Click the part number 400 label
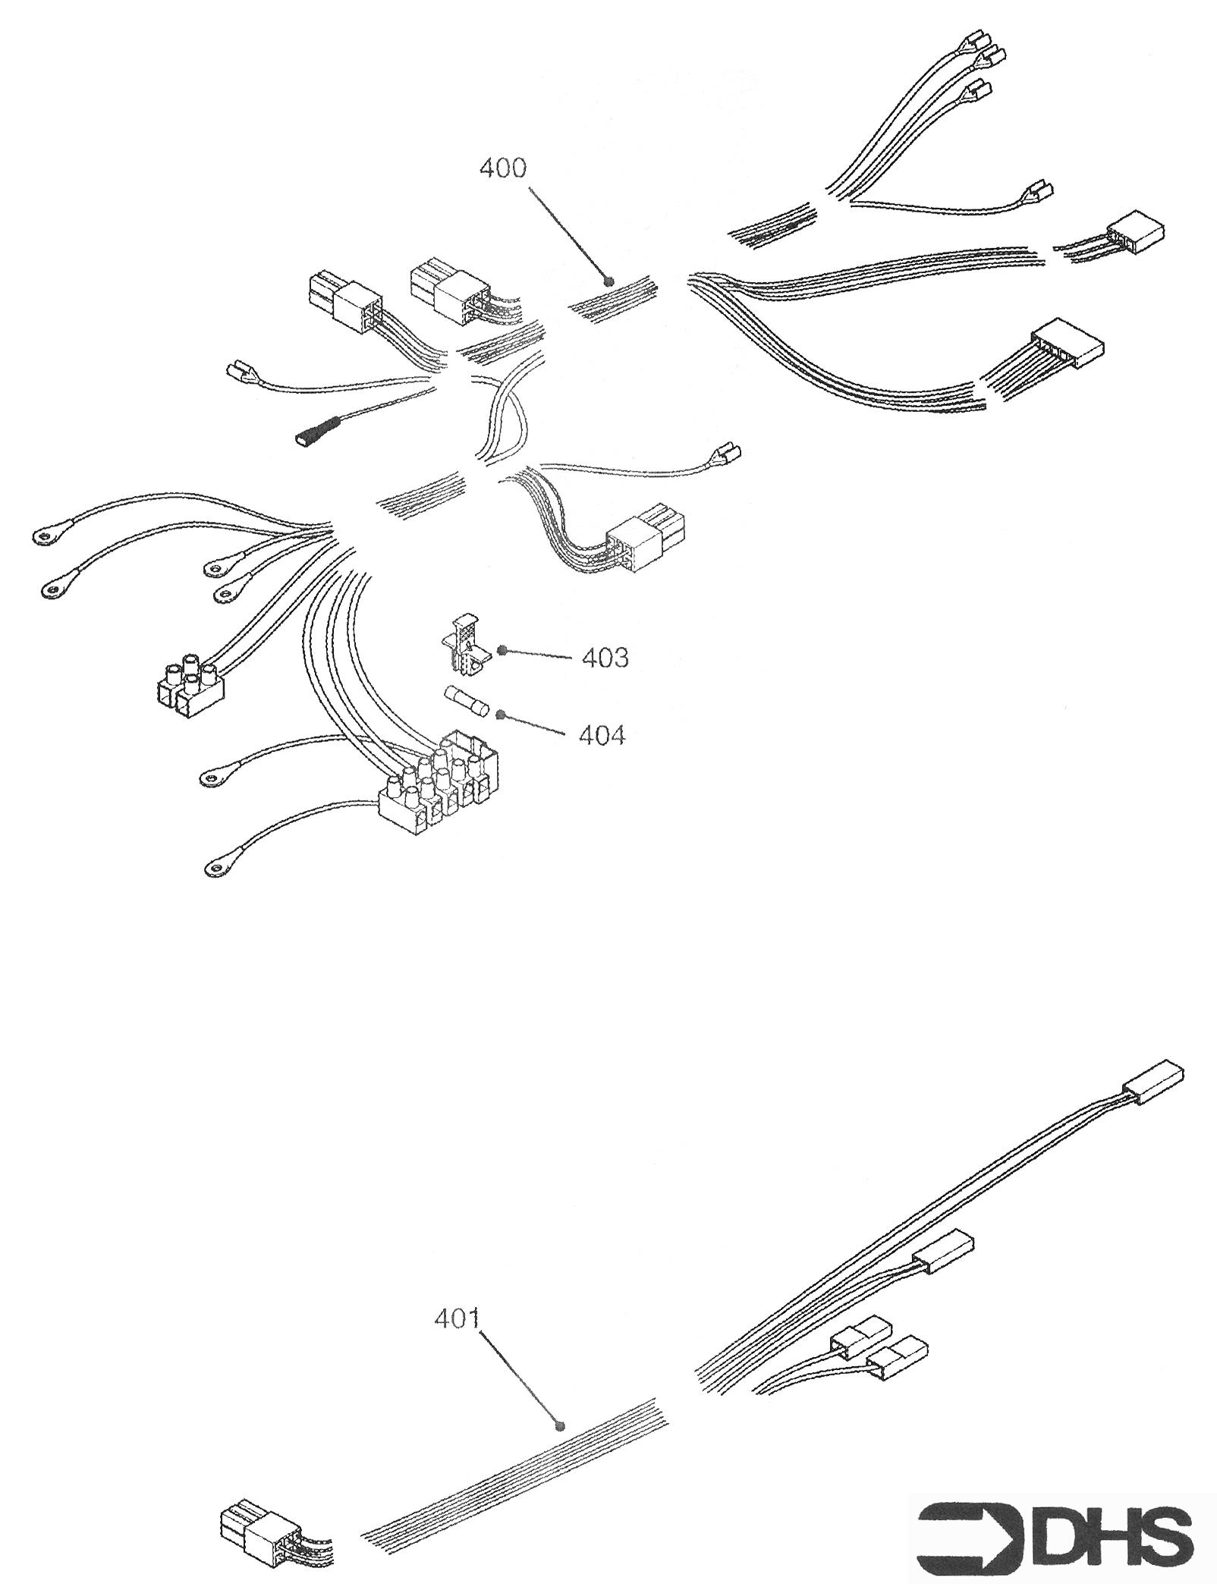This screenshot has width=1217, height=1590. [502, 168]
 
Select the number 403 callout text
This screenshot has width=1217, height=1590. [605, 658]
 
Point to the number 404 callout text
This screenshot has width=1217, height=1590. [602, 734]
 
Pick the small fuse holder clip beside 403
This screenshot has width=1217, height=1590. [462, 643]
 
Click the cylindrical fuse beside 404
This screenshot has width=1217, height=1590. [465, 700]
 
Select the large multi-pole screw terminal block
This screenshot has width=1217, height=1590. [439, 783]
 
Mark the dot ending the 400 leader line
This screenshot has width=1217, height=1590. [606, 281]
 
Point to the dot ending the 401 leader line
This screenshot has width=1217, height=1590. [560, 1425]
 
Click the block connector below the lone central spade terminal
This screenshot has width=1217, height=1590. [646, 545]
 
